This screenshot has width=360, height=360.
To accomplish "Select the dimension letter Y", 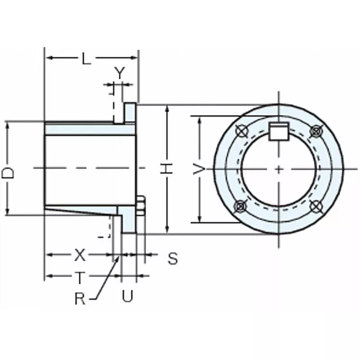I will (x=118, y=73).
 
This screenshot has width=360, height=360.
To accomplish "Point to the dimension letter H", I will (x=167, y=169).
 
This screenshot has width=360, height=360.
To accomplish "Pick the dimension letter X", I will (x=79, y=256).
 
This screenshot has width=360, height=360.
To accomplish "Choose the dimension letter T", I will (x=79, y=278).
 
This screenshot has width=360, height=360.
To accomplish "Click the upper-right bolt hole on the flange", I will (x=316, y=131).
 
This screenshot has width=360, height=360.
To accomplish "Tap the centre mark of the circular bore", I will (x=279, y=169).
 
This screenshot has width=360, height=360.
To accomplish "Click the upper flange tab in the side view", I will (x=130, y=112).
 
